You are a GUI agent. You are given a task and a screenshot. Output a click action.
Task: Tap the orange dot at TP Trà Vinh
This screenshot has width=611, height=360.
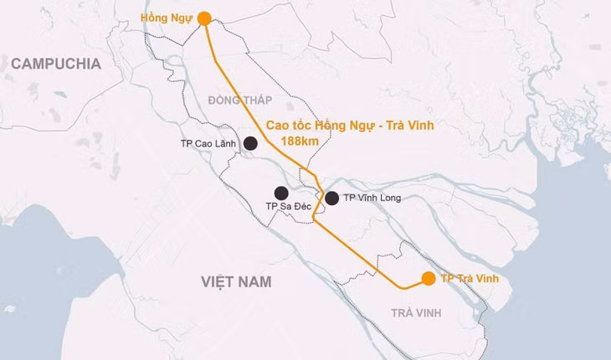click(428, 278)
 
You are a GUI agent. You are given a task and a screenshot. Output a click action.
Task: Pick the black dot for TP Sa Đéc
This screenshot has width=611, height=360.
click(281, 193)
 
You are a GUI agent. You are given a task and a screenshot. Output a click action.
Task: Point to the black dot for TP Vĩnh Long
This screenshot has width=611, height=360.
click(331, 198)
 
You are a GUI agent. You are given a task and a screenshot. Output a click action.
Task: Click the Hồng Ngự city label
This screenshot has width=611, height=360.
click(167, 17)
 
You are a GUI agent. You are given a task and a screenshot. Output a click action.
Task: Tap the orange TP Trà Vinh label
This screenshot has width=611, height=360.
click(470, 278)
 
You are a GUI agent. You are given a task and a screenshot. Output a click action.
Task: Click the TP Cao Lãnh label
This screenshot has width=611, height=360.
click(208, 144)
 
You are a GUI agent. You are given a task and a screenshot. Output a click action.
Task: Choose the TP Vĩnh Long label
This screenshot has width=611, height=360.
click(372, 198)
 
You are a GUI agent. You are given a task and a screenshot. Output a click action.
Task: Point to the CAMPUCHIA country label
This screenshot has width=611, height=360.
click(56, 64)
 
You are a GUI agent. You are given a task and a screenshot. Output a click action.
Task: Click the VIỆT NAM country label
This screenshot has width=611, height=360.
click(236, 281)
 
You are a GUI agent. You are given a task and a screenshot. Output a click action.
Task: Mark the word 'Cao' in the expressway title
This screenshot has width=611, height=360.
click(279, 125)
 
